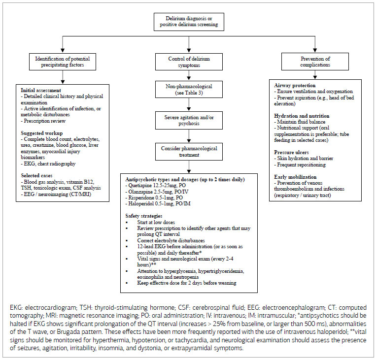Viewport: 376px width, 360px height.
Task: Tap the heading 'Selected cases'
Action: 38,175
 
